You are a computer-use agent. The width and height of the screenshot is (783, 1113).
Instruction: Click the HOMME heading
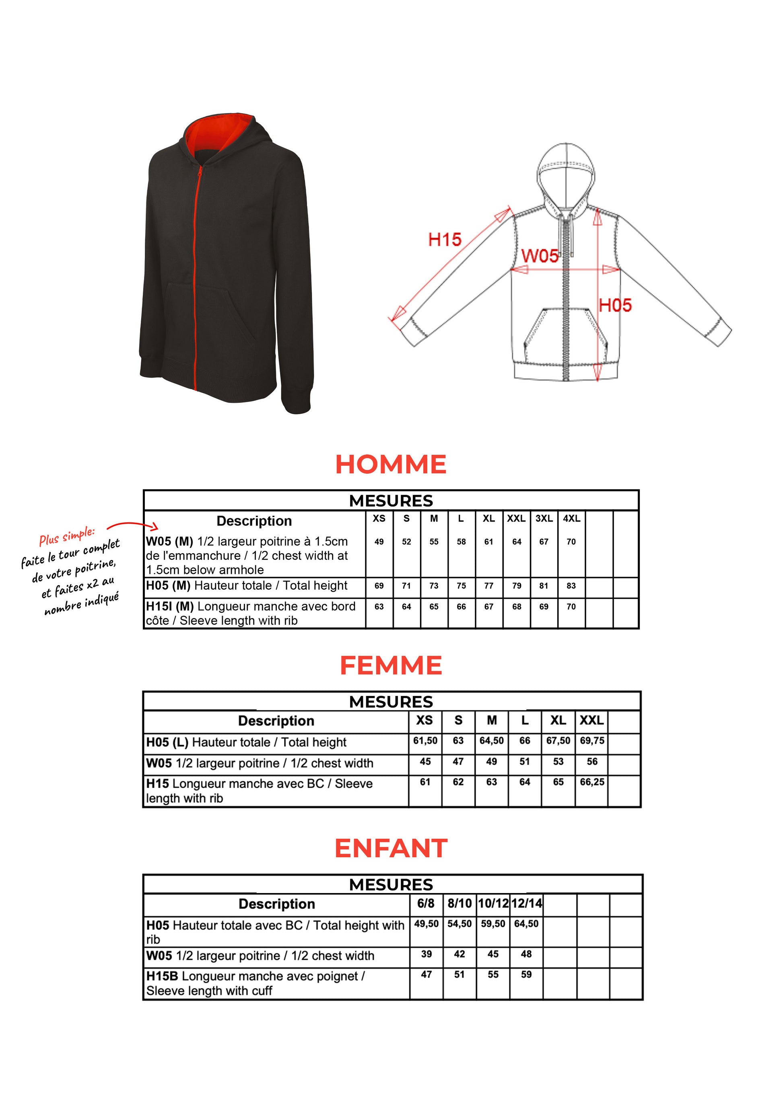tap(391, 464)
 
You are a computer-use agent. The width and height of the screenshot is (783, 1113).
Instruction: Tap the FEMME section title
tap(391, 665)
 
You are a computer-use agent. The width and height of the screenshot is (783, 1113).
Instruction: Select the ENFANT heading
tap(391, 848)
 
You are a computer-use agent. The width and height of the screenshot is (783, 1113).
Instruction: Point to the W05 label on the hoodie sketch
tap(540, 256)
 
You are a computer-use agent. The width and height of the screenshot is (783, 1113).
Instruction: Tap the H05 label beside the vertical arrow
tap(615, 306)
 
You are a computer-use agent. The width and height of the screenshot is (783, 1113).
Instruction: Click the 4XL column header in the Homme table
tap(571, 518)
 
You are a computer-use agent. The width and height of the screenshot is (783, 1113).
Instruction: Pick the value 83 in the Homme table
tap(571, 585)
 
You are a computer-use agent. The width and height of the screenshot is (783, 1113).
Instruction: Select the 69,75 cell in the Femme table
tap(592, 741)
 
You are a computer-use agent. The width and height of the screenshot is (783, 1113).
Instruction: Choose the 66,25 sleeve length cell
tap(592, 782)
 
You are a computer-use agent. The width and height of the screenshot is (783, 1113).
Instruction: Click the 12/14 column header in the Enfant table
tap(526, 904)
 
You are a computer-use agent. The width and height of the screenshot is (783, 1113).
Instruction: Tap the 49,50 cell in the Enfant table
tap(426, 924)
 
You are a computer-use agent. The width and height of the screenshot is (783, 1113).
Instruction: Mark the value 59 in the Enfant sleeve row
tap(526, 974)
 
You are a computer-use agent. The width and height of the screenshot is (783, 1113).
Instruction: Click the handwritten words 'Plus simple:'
tap(67, 536)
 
